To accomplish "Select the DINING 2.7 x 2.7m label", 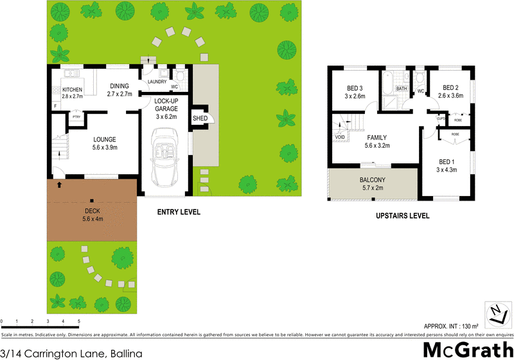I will pos(120,90).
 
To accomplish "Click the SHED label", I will pos(200,118).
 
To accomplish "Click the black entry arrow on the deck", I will pos(59,185).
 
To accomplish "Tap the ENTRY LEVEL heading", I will pos(179,212).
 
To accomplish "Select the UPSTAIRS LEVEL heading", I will pos(402,216).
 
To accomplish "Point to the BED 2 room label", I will pos(450,92).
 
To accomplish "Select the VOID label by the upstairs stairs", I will pos(339,137).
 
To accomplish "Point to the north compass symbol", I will pos(495,313).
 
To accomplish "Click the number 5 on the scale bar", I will pos(78,320).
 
